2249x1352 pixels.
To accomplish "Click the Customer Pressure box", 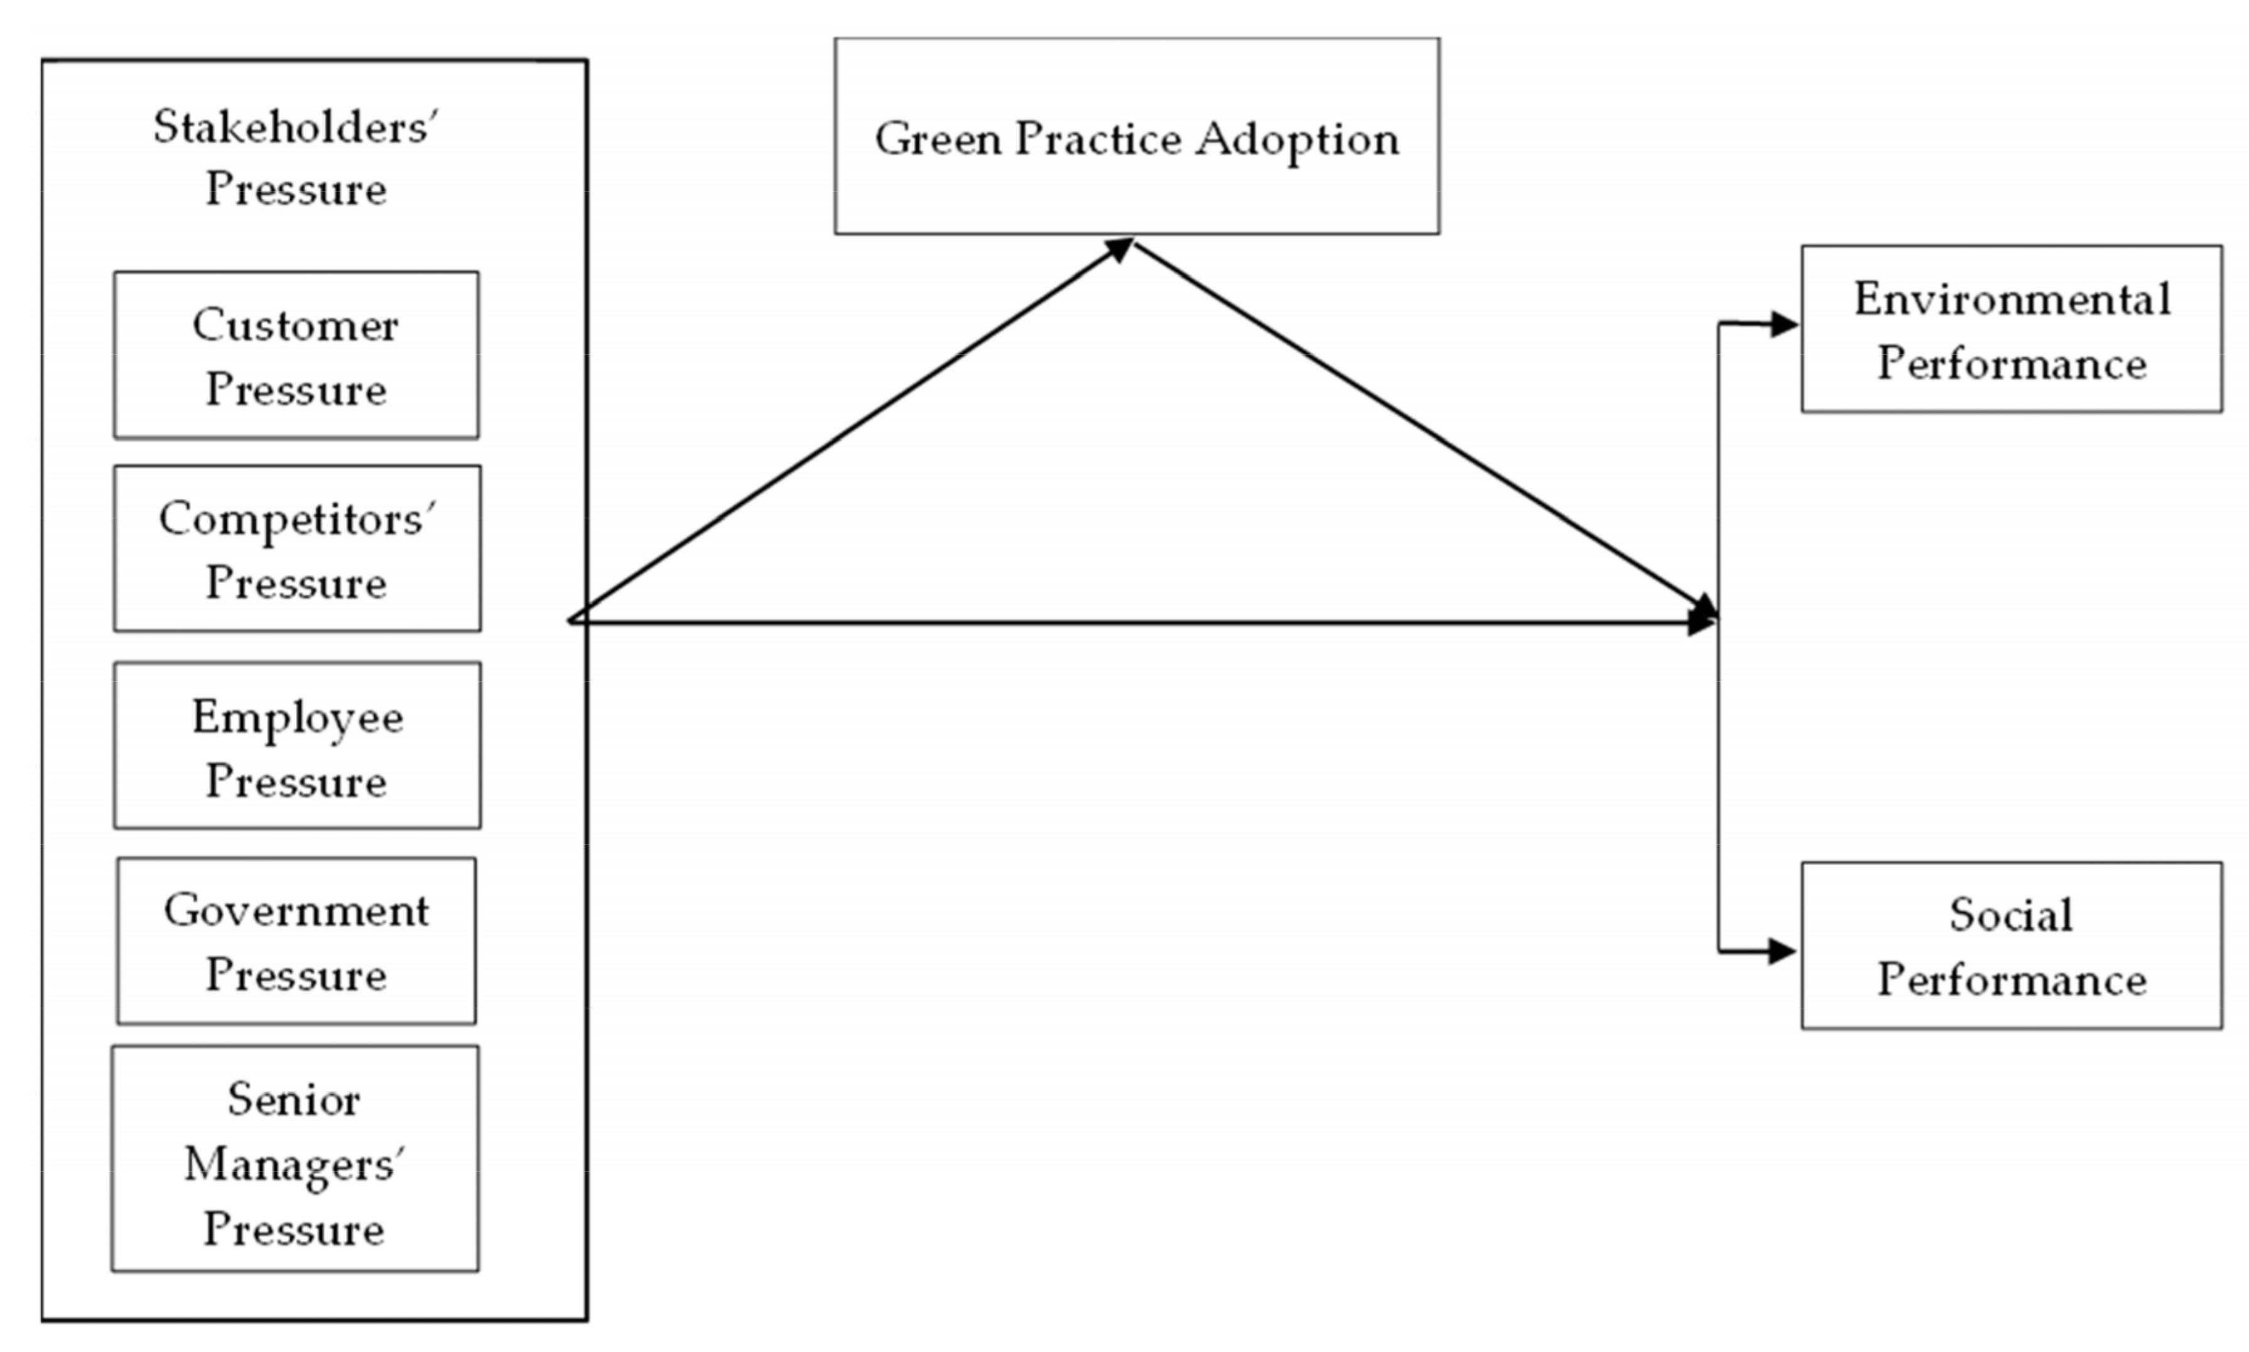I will (x=296, y=356).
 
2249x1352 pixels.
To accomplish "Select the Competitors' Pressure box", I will (x=297, y=548).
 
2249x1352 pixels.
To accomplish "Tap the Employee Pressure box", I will (x=297, y=745).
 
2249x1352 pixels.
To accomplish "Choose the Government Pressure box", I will (x=296, y=940).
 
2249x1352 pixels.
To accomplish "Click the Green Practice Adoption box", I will (x=1136, y=137).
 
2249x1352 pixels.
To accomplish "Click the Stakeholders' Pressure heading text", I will (x=296, y=156).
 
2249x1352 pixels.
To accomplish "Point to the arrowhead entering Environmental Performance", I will (x=1783, y=324).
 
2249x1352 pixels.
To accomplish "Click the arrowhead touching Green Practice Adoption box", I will (x=1119, y=249).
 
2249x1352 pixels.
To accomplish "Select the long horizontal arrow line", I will (x=1138, y=623).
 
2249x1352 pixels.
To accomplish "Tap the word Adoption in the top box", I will (x=1297, y=140).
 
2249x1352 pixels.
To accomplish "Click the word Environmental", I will (x=2012, y=299).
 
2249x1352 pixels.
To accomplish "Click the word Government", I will (x=296, y=910).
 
